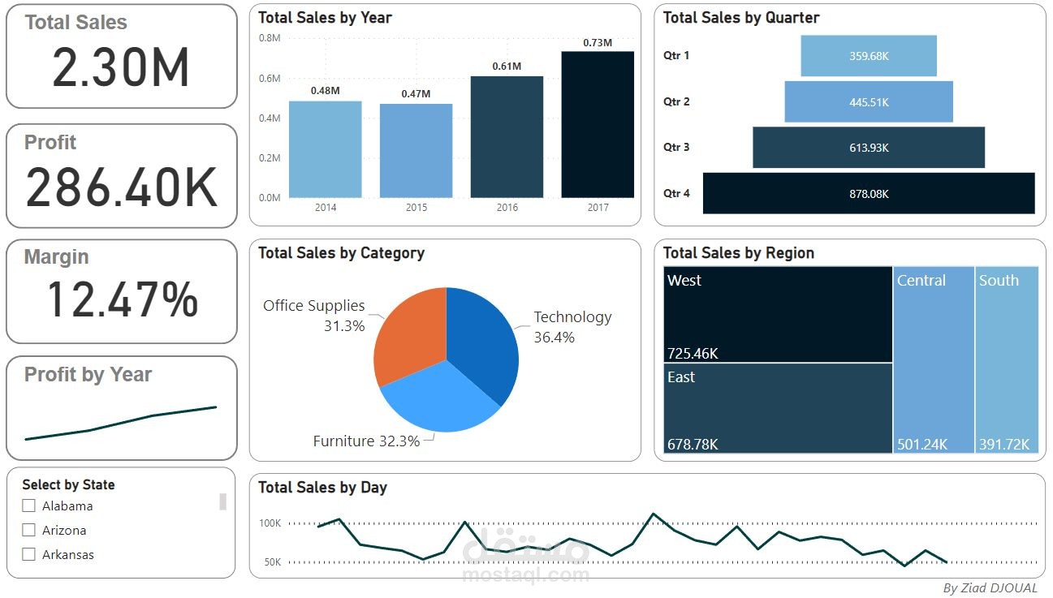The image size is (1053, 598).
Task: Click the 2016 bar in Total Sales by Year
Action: click(507, 137)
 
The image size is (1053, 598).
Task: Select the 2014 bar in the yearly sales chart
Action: click(325, 149)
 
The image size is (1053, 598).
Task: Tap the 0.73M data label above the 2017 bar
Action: click(598, 43)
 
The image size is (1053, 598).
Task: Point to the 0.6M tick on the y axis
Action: click(270, 79)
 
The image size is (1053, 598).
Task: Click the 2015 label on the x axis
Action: click(416, 208)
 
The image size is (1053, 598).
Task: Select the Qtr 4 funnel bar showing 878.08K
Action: click(869, 194)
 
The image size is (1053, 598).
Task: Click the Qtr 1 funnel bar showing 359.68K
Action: click(869, 56)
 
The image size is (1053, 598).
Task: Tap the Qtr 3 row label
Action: click(676, 148)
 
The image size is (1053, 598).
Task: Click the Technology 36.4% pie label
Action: click(572, 326)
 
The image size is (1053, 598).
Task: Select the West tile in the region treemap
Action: click(778, 314)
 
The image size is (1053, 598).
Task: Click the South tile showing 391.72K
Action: click(1007, 359)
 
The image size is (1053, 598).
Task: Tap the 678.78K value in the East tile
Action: click(693, 444)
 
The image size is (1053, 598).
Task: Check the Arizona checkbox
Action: click(29, 530)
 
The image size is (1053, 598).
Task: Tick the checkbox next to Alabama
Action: click(29, 506)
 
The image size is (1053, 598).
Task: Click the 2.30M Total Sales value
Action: click(121, 67)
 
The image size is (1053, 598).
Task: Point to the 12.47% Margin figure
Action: click(122, 299)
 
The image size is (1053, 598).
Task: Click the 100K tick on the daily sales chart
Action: click(270, 523)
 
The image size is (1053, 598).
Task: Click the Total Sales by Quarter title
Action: click(740, 18)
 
